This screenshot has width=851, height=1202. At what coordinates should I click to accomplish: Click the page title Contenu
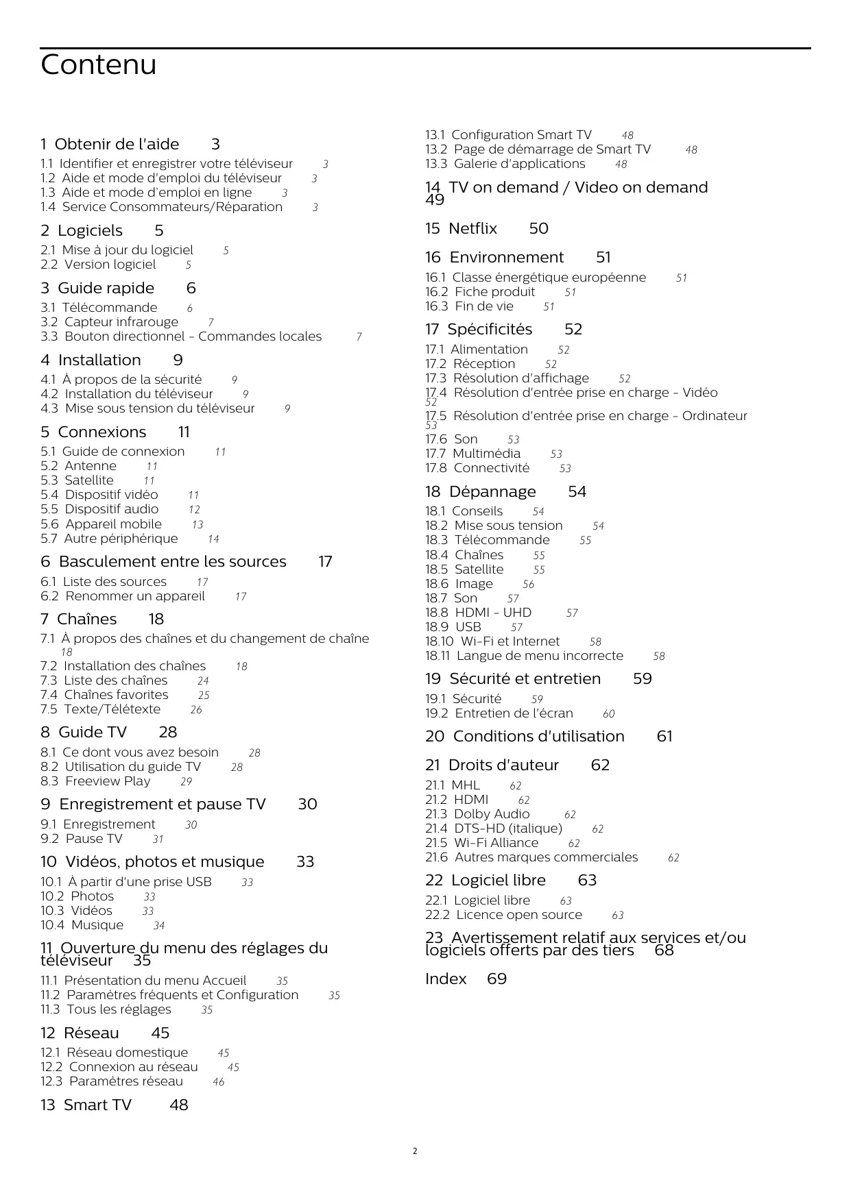pos(98,65)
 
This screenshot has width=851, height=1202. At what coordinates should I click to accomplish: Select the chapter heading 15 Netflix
pos(461,229)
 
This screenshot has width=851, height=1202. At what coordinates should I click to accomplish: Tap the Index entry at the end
pos(446,979)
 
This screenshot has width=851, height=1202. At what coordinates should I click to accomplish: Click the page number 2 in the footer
pos(415,1151)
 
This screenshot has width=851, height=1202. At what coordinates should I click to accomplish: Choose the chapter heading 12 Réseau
pos(80,1033)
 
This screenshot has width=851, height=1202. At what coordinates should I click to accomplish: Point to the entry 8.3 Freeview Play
pos(95,781)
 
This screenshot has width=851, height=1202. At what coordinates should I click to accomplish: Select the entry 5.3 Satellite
pos(77,480)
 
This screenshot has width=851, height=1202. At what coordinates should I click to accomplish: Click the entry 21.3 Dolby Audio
pos(477,814)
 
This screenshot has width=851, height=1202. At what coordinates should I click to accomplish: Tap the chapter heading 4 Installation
pos(91,360)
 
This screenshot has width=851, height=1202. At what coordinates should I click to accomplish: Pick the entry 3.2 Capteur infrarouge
pos(109,322)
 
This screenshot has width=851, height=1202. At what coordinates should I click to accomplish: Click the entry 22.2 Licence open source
pos(503,915)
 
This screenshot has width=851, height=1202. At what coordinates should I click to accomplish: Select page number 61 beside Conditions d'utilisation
pos(664,737)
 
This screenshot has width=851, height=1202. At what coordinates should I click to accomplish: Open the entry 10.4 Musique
pos(82,925)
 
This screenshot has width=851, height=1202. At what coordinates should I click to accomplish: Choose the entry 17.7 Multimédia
pos(472,454)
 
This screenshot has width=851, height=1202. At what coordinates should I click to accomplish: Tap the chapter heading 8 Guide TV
pos(84,733)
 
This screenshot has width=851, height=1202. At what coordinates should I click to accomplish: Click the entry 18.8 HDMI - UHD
pos(478,613)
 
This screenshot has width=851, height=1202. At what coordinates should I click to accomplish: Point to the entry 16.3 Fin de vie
pos(469,306)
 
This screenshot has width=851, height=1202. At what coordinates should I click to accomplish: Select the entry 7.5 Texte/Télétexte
pos(100,709)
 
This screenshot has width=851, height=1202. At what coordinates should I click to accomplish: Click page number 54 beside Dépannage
pos(577,492)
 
